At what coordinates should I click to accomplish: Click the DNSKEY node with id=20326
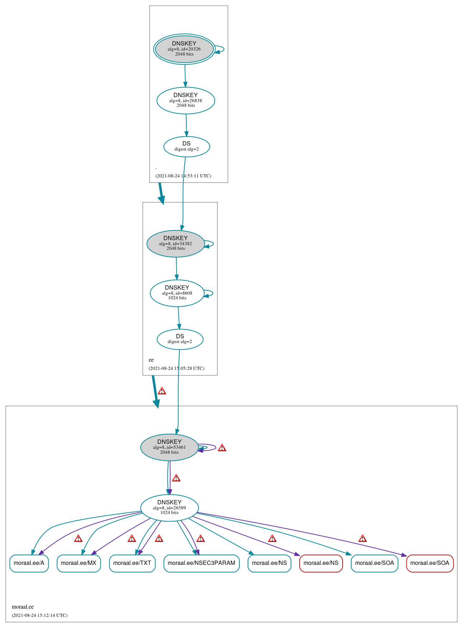[x=184, y=49]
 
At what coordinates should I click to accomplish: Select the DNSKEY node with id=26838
[x=186, y=100]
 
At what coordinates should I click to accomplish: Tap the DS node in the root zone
[x=186, y=146]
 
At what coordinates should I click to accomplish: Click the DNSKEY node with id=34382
[x=176, y=243]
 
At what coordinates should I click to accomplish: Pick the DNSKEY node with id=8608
[x=177, y=293]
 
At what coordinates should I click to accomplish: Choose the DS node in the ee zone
[x=180, y=339]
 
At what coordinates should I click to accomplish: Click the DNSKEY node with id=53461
[x=170, y=447]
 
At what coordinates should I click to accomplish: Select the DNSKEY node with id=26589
[x=170, y=508]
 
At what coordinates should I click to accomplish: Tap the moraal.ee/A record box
[x=29, y=563]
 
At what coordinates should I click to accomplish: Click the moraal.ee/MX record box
[x=78, y=563]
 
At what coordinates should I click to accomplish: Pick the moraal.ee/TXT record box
[x=132, y=563]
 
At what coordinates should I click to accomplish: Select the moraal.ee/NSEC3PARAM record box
[x=201, y=563]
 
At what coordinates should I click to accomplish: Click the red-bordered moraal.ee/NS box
[x=321, y=563]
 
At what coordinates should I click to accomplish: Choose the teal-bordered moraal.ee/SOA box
[x=374, y=563]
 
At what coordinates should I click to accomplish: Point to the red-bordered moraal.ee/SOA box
[x=430, y=563]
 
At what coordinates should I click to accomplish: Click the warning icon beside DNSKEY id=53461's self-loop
[x=222, y=448]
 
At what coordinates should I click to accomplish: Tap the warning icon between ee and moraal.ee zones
[x=162, y=391]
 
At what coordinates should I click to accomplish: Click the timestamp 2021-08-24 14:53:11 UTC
[x=183, y=176]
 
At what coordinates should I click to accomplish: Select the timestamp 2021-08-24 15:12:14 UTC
[x=39, y=615]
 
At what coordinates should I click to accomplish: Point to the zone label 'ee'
[x=151, y=360]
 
